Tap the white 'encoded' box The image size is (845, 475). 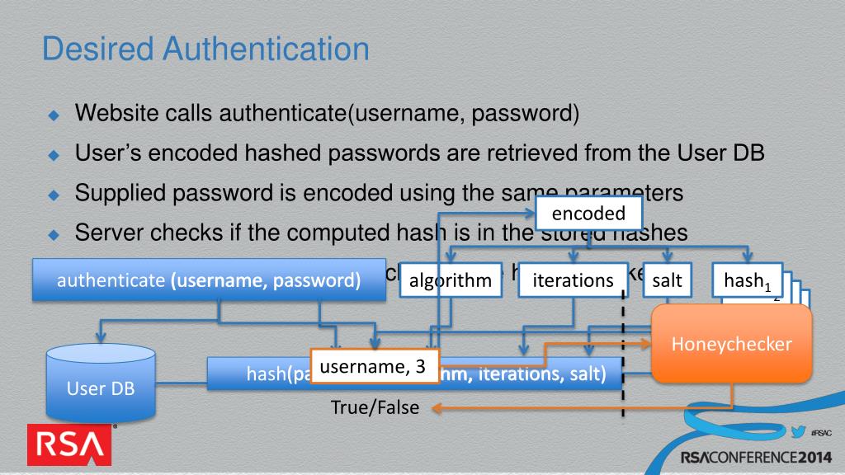pos(589,214)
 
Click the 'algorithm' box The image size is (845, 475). pos(451,280)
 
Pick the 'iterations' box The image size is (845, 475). pos(574,280)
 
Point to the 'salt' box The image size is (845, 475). pos(667,280)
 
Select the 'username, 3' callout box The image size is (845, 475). pos(374,367)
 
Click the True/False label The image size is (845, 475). pos(375,407)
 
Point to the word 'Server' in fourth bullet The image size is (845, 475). pos(106,233)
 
